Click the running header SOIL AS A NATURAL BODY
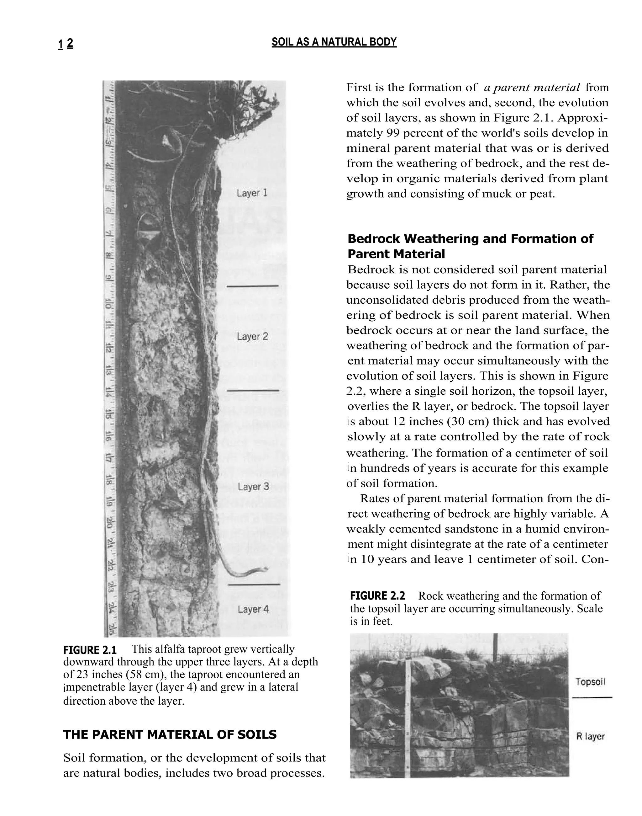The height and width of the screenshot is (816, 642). [x=334, y=42]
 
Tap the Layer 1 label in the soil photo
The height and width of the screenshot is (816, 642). [x=252, y=193]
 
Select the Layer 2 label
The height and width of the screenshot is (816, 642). [x=252, y=336]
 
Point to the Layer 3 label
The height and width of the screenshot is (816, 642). [x=253, y=487]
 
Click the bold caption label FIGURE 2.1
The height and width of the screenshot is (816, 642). [x=90, y=650]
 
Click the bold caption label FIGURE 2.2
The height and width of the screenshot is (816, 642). [x=377, y=596]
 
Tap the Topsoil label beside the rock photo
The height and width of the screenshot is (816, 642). [x=590, y=682]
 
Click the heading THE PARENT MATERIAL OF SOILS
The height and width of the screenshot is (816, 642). [x=170, y=735]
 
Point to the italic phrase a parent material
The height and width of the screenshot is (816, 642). [x=531, y=88]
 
